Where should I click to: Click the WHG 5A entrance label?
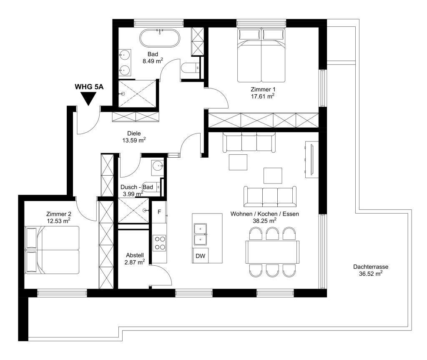click(x=88, y=87)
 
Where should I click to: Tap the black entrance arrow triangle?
click(x=88, y=98)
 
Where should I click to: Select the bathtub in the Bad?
click(x=160, y=39)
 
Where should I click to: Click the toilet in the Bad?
click(x=190, y=68)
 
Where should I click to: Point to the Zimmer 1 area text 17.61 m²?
click(x=262, y=96)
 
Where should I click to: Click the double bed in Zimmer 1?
click(x=261, y=55)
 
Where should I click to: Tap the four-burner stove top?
click(x=159, y=242)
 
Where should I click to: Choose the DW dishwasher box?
click(x=201, y=256)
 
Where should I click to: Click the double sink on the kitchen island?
click(x=201, y=234)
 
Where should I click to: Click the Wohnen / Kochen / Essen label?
click(x=265, y=214)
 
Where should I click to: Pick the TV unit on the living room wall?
click(x=311, y=159)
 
